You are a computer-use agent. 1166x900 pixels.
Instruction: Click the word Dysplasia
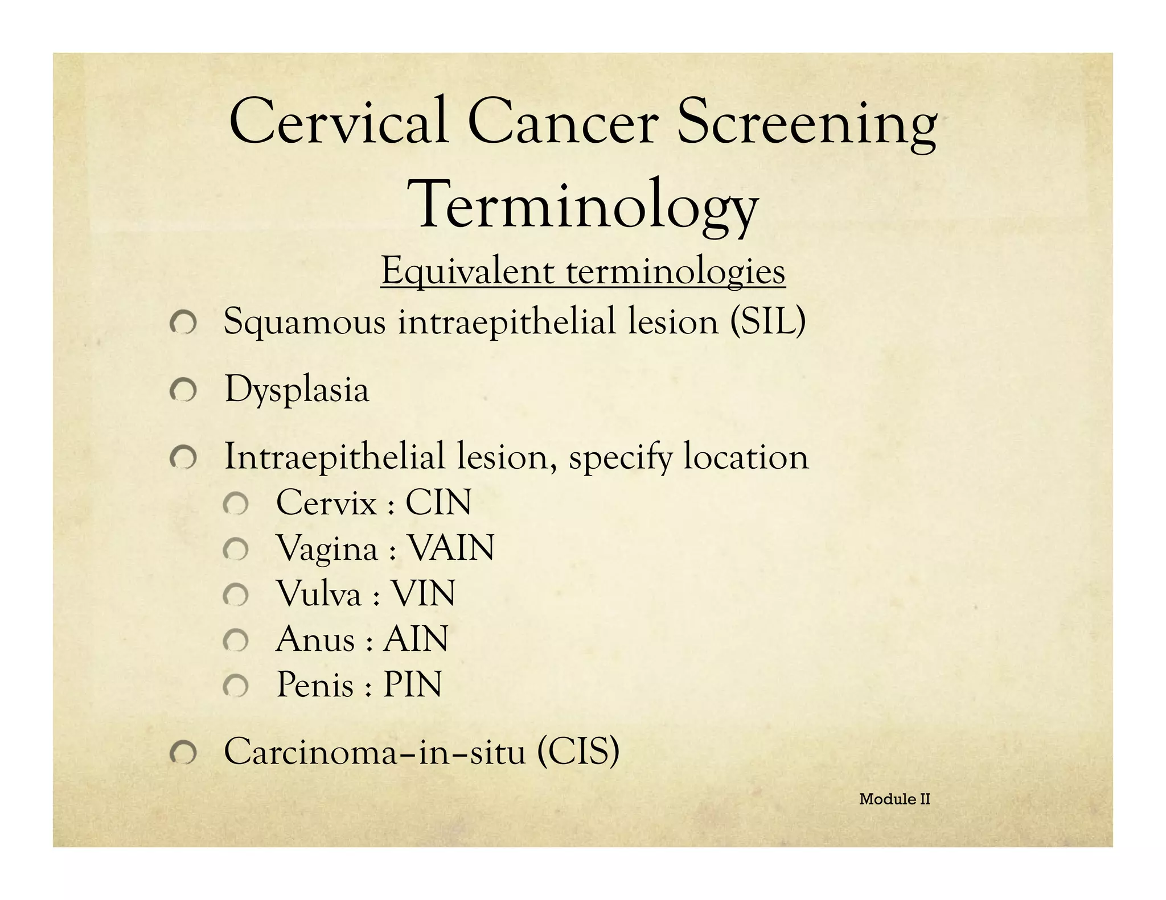pos(297,390)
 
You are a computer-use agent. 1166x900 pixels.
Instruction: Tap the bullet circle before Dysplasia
pos(183,390)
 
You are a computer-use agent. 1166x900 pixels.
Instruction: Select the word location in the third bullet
pos(746,457)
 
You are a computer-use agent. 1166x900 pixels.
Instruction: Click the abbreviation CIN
pos(438,503)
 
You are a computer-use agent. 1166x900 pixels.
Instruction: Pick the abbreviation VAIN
pos(451,548)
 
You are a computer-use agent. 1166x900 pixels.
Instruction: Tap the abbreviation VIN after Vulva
pos(423,594)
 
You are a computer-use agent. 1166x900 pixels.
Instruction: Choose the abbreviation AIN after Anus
pos(416,639)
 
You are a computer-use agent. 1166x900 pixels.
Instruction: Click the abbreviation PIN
pos(412,684)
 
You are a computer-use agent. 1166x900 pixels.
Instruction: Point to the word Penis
pos(315,684)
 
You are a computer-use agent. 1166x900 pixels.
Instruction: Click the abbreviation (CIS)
pos(577,752)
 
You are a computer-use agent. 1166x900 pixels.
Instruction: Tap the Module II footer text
pos(894,799)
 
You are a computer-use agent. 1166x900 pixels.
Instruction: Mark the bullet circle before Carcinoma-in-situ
pos(183,754)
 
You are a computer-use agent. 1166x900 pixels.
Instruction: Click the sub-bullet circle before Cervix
pos(235,505)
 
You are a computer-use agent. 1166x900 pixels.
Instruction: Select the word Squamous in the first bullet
pos(305,323)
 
